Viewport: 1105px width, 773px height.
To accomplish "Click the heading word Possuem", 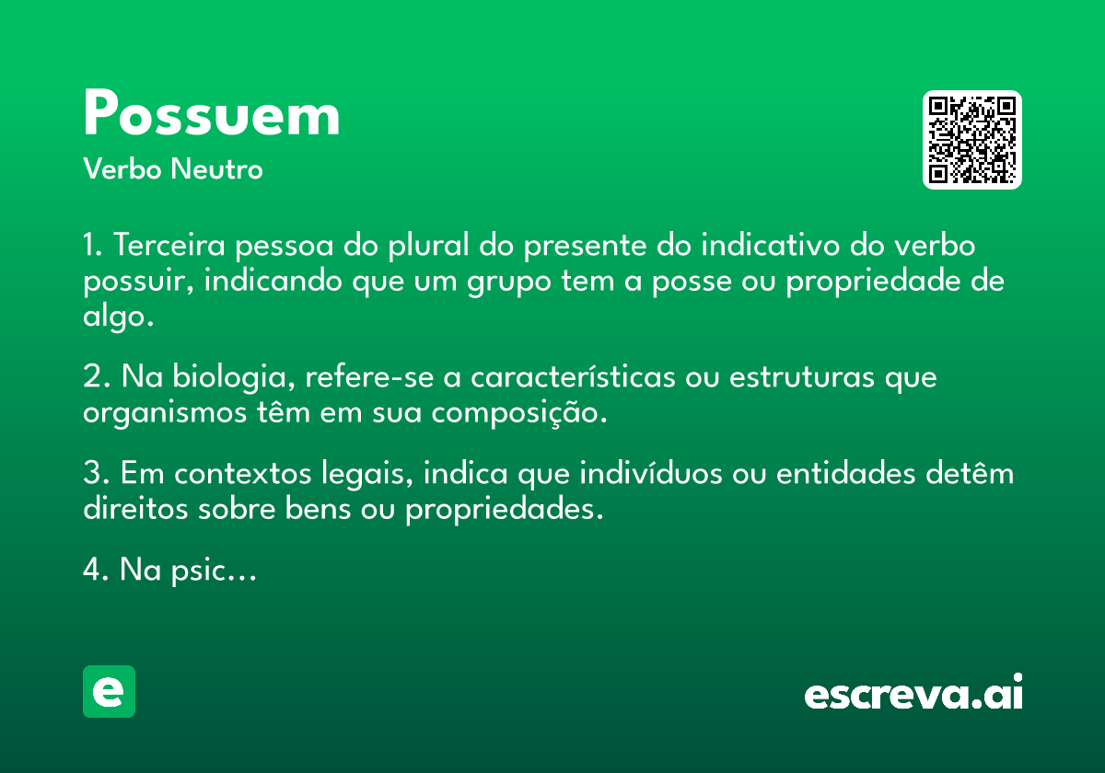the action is [x=212, y=112].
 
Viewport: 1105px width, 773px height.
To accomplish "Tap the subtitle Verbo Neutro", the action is [x=173, y=168].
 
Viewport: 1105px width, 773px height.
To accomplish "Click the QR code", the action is [x=971, y=140].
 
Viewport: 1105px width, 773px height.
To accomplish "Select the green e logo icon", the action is [x=109, y=691].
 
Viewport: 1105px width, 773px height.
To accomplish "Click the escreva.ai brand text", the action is [x=913, y=691].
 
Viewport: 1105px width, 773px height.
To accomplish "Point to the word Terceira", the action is [x=169, y=245].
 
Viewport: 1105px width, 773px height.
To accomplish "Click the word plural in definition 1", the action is [x=428, y=245].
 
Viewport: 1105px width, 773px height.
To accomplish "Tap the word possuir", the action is [x=138, y=281].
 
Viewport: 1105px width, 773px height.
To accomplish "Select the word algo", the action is [x=119, y=316].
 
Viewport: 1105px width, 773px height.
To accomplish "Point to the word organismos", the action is [x=165, y=413].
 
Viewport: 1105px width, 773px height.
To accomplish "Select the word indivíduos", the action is [x=651, y=473].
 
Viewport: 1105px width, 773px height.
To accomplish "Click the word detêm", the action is [x=970, y=473].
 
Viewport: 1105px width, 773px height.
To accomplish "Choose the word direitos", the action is [x=135, y=509].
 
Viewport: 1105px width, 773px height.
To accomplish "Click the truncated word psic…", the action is [x=214, y=571].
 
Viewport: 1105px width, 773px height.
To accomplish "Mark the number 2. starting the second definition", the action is [x=97, y=376].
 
